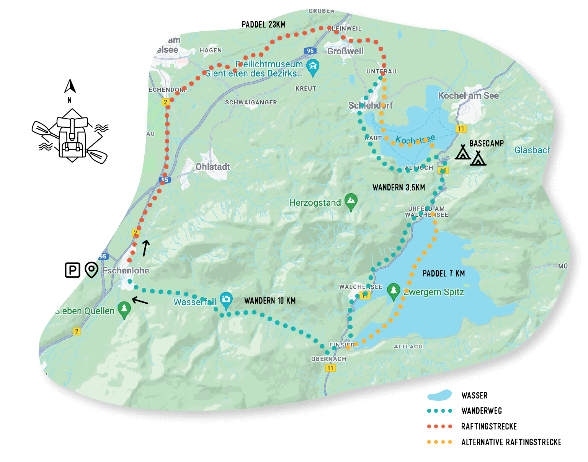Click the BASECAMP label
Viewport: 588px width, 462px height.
pos(487,143)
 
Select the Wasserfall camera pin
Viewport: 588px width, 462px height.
pos(226,300)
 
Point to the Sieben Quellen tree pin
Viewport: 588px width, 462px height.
pos(124,309)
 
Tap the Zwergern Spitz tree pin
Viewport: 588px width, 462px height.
pos(394,291)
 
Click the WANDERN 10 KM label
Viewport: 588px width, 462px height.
pos(270,301)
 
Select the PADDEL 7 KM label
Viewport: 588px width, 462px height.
pos(444,273)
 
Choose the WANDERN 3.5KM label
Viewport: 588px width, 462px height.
pos(399,187)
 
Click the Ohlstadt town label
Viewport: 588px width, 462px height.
pos(213,167)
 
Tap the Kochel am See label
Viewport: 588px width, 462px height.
pos(469,96)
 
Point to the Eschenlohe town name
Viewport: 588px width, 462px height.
pos(126,270)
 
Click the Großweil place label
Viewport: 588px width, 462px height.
pos(345,51)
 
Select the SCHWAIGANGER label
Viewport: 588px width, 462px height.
pos(251,102)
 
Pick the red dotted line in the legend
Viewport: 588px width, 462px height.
pos(439,426)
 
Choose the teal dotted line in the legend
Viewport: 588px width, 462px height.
pos(439,411)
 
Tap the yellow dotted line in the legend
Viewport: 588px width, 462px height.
pos(439,442)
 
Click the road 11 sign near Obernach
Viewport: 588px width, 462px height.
pos(330,368)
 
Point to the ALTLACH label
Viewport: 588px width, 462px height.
pos(408,346)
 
